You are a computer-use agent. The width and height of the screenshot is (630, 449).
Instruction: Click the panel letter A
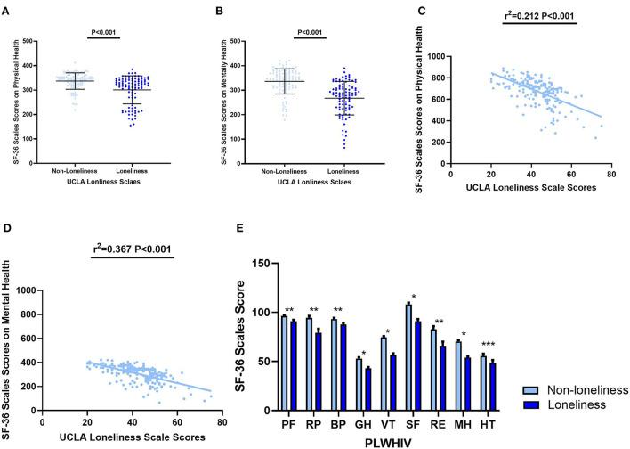pos(7,12)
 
